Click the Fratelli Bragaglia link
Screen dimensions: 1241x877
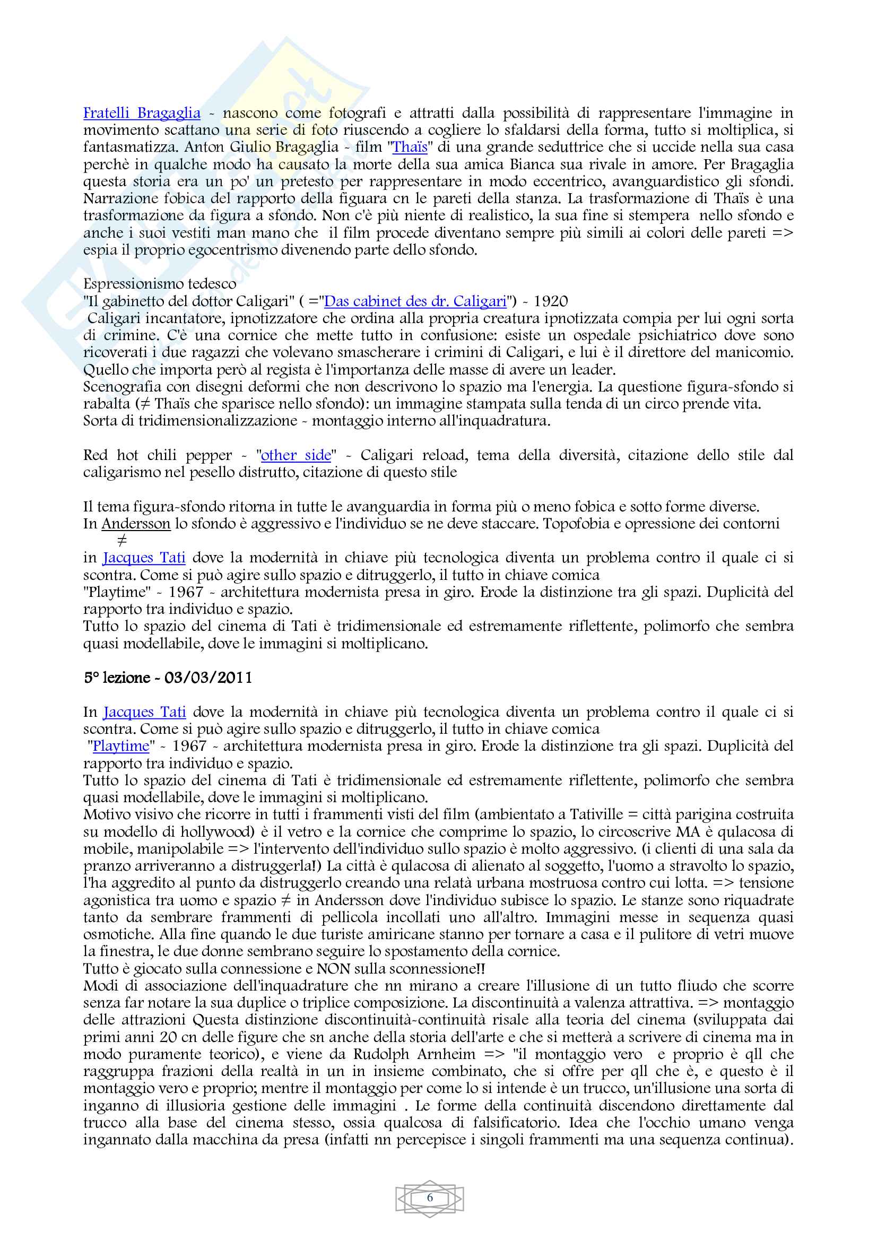coord(142,113)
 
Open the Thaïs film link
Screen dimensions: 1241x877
coord(410,147)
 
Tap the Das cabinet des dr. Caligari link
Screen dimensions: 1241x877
coord(415,301)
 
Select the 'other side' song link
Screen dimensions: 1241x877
coord(296,455)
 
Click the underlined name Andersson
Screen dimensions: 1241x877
coord(136,524)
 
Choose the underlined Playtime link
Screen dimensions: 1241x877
coord(120,747)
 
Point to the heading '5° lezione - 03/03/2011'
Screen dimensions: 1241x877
coord(168,678)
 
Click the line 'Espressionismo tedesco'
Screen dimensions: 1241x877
coord(159,284)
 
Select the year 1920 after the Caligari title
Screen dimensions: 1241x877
coord(551,301)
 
